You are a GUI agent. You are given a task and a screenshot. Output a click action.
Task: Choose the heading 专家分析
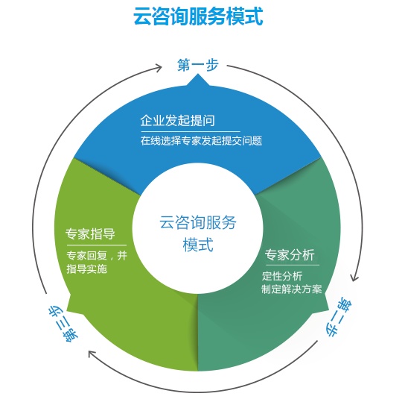coord(290,253)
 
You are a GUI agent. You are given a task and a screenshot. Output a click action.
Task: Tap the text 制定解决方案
coord(291,289)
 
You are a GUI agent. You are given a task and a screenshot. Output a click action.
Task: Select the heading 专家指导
coord(90,233)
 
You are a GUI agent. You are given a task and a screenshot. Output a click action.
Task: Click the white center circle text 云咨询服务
coord(198,222)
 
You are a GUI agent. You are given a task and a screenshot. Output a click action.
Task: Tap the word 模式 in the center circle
coord(198,245)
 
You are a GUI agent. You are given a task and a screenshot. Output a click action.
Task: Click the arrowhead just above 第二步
coord(355,277)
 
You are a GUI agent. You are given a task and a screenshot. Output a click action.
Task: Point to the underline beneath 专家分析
coord(292,264)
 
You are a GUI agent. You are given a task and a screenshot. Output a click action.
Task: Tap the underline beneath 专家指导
coord(95,245)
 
